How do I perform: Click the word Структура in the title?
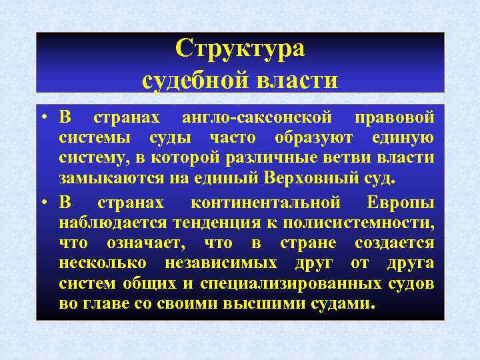(x=240, y=49)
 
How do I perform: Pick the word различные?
(x=295, y=158)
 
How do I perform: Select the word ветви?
(x=363, y=158)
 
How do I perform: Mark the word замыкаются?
(x=103, y=179)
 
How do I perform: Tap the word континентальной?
(x=265, y=203)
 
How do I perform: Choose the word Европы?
(x=400, y=203)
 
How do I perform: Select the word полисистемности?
(x=354, y=223)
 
